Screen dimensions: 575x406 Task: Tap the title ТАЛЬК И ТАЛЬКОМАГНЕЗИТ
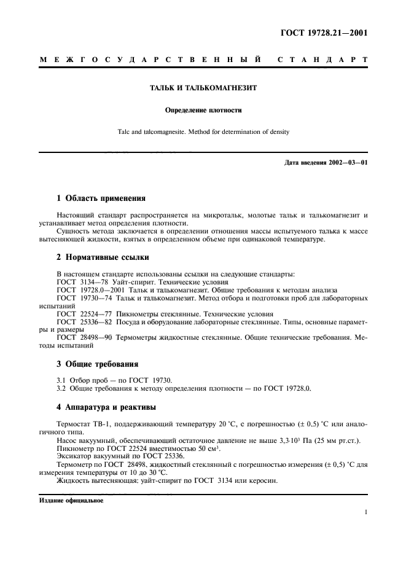coord(203,88)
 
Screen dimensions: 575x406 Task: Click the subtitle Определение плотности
coord(203,111)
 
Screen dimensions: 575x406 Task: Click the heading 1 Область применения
coord(101,198)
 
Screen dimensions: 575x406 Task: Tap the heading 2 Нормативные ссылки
coord(101,256)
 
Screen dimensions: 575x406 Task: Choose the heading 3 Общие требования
coord(97,364)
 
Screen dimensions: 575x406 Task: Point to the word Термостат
coord(74,424)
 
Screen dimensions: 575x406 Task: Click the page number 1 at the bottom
coord(366,511)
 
